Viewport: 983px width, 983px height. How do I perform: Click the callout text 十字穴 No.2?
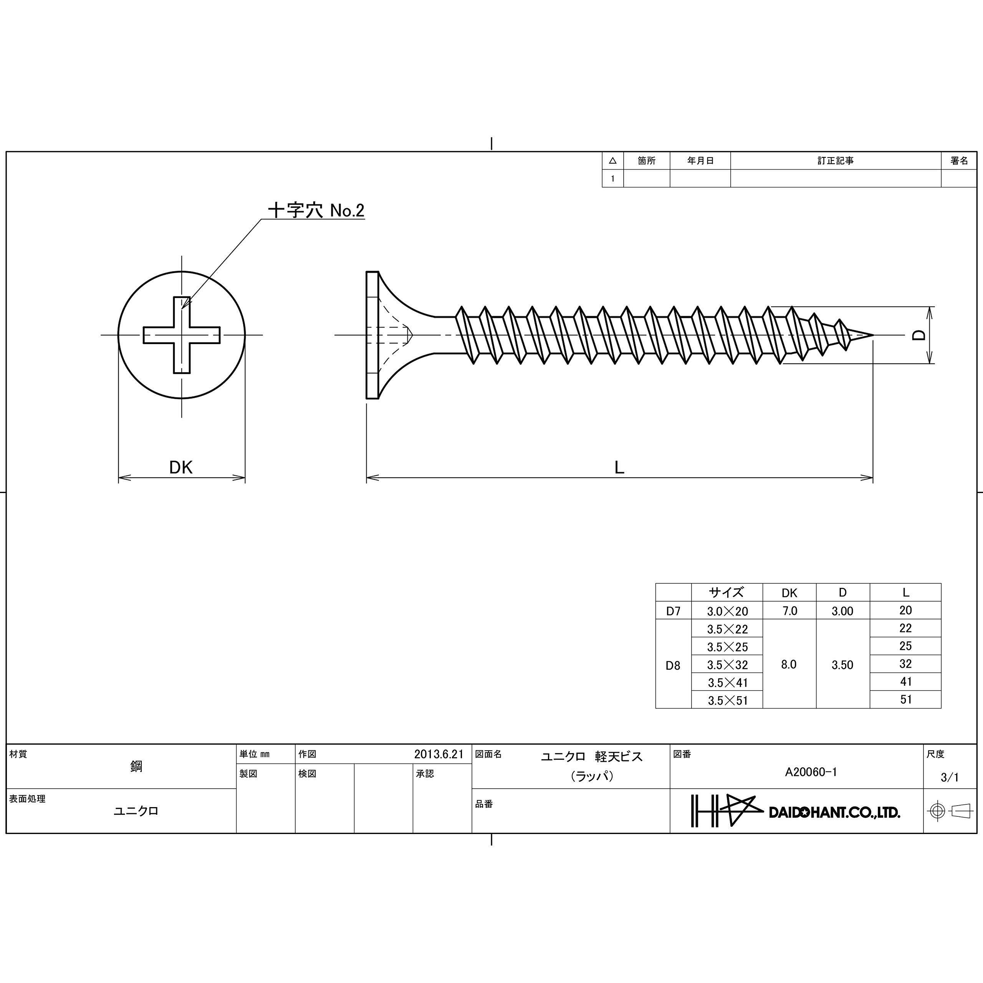coord(316,210)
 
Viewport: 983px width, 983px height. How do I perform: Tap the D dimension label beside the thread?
coord(918,335)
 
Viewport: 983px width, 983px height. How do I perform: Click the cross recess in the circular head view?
coord(182,335)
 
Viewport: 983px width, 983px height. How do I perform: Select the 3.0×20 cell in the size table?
coord(727,611)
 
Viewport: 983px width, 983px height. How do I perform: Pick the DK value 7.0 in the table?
coord(789,611)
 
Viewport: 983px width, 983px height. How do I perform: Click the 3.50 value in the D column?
coord(842,665)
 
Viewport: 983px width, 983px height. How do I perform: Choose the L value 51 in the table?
coord(906,699)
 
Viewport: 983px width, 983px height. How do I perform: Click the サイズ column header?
coord(726,592)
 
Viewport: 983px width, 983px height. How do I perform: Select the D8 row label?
coord(673,665)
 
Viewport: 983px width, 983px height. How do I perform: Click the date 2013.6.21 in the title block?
coord(439,754)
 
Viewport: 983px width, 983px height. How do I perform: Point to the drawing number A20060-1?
coord(811,772)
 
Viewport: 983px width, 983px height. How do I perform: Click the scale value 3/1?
coord(950,777)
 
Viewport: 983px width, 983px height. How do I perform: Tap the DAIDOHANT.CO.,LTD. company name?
coord(834,813)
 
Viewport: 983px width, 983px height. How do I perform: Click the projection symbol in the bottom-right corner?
coord(950,811)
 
